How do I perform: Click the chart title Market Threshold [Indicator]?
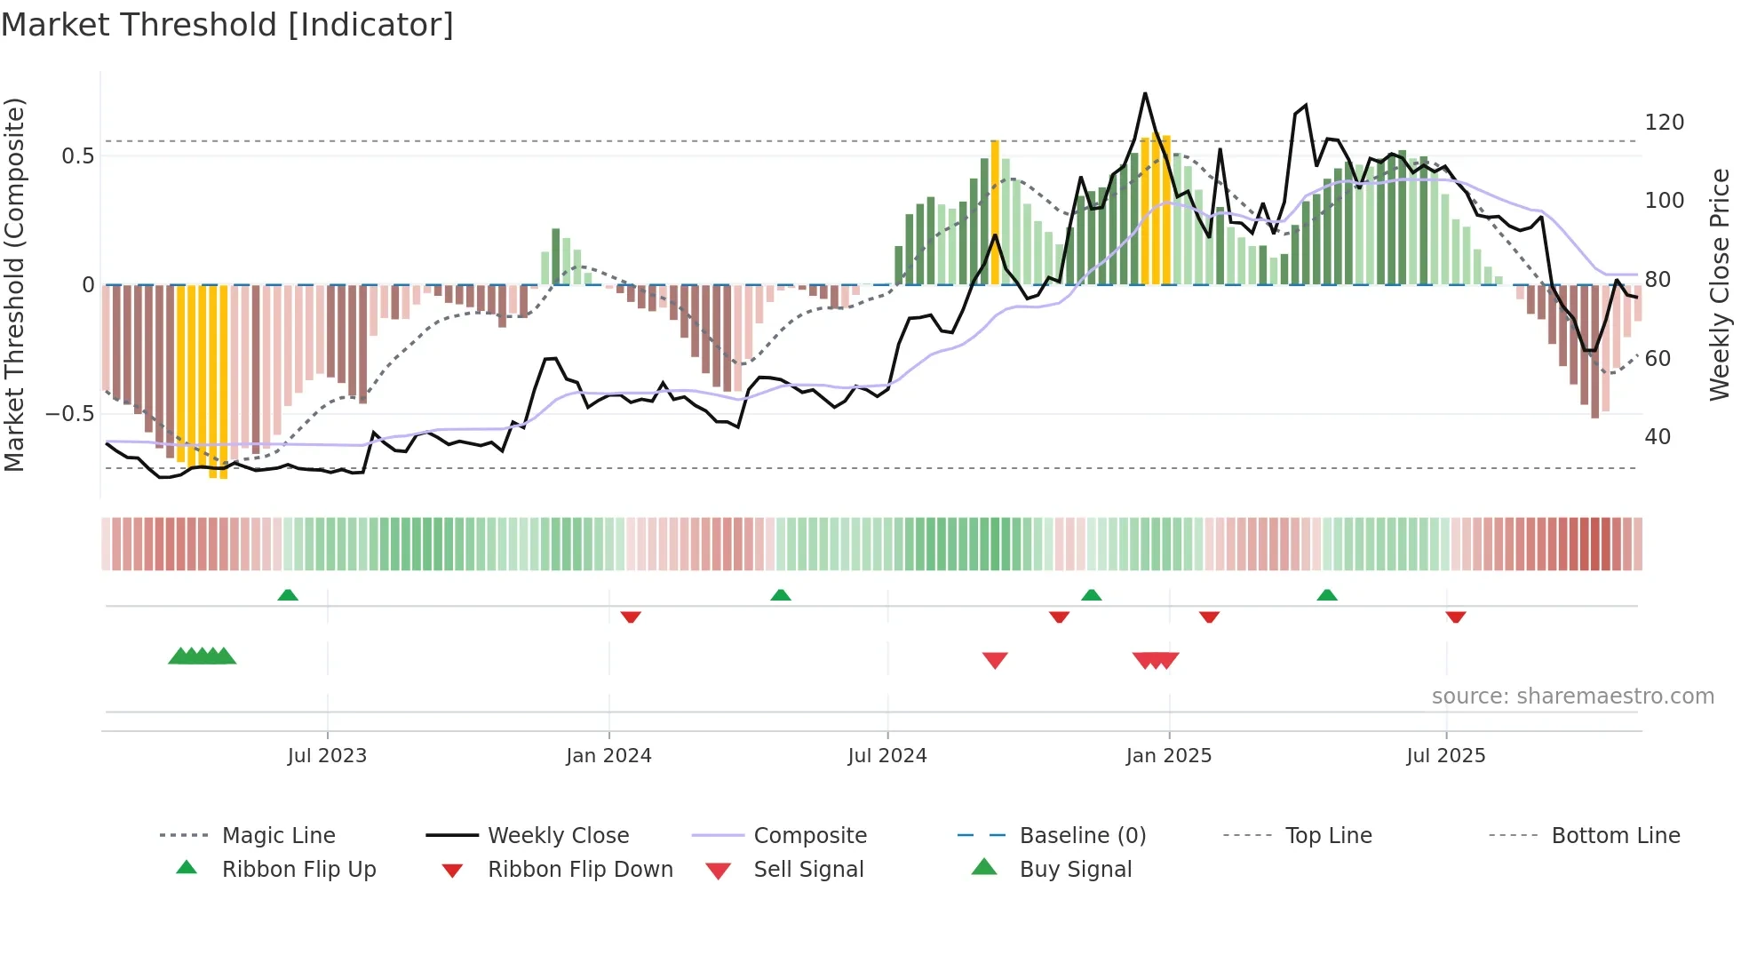point(227,25)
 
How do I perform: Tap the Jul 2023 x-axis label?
point(327,756)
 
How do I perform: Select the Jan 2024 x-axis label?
point(608,756)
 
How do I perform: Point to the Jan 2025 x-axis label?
point(1168,756)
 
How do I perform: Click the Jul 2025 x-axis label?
point(1445,756)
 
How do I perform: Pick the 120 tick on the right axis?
point(1664,123)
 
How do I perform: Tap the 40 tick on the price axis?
point(1658,437)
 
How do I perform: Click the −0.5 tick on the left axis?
point(69,414)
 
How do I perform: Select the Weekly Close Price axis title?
point(1720,284)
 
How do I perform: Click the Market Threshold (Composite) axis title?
point(14,284)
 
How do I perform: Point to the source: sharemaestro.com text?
point(1572,696)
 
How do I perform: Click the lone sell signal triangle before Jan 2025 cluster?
point(995,660)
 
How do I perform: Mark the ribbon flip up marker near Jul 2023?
point(288,595)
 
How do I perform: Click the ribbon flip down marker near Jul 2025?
point(1455,617)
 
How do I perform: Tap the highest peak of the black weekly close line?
point(1145,93)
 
